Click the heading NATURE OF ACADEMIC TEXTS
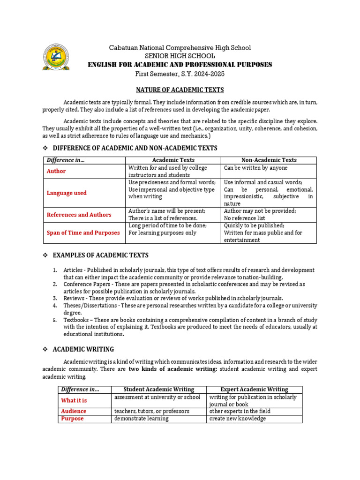[180, 90]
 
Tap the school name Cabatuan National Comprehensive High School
[180, 48]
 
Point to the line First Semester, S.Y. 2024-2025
[180, 73]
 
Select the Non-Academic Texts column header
[269, 160]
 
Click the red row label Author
[56, 171]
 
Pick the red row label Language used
[67, 193]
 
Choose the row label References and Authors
[79, 215]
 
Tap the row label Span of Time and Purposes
[83, 232]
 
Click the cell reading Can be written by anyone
[255, 168]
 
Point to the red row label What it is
[74, 400]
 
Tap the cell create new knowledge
[237, 419]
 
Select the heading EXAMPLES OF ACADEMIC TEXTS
[100, 255]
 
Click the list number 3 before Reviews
[55, 298]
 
